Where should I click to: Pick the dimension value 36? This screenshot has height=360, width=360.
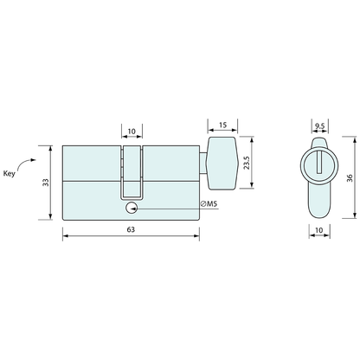[347, 177]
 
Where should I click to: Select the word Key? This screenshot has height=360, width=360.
[11, 173]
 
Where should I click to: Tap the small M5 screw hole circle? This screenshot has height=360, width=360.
[132, 208]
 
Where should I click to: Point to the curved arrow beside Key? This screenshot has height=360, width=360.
[27, 162]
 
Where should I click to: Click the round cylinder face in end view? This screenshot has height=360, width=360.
[318, 164]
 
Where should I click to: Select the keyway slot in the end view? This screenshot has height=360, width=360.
[318, 161]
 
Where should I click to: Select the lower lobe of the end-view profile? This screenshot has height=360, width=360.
[318, 201]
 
